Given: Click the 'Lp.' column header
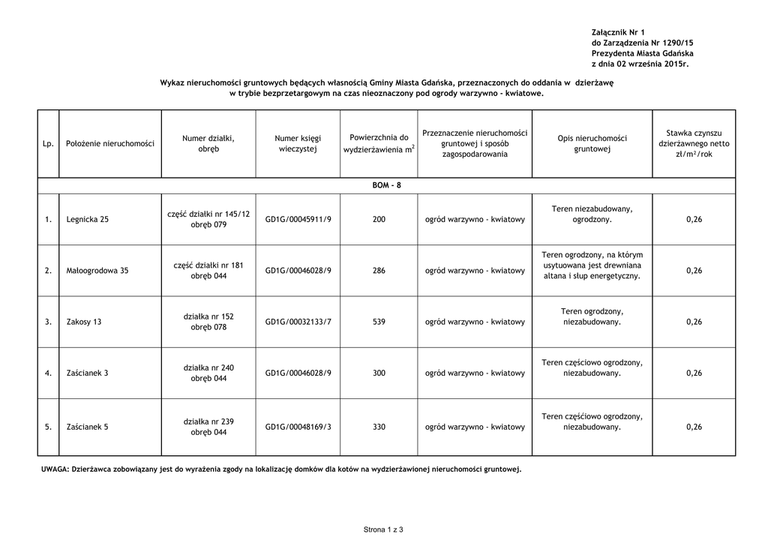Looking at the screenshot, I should click(48, 143).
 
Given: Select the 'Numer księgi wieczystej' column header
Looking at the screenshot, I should click(298, 144).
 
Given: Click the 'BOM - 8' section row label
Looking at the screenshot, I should click(386, 185).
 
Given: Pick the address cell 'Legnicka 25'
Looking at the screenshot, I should click(87, 220).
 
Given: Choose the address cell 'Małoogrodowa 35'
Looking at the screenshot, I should click(97, 271).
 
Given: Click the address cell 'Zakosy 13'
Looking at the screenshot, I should click(84, 322).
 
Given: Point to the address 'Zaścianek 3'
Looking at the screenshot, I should click(87, 373).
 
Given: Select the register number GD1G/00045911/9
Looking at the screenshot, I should click(298, 220).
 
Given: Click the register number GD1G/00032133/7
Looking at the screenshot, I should click(298, 322).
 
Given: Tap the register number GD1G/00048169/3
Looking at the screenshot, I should click(298, 427).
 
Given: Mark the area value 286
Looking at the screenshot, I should click(379, 271).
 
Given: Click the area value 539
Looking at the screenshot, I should click(379, 322).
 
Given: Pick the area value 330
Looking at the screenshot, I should click(379, 427).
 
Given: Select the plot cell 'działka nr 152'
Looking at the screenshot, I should click(208, 316).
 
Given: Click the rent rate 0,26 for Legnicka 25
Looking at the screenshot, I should click(694, 220).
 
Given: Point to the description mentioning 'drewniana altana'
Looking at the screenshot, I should click(592, 265).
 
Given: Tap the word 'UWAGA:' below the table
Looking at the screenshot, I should click(54, 469).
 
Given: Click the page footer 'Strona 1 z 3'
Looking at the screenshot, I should click(383, 530).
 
